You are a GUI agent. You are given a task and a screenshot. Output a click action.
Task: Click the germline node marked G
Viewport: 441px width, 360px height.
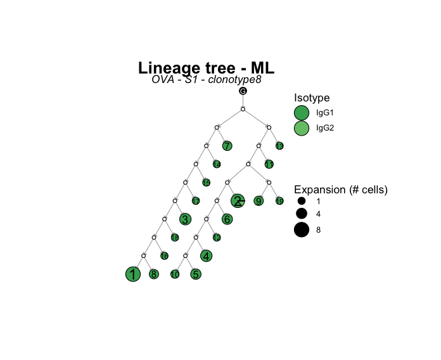243,91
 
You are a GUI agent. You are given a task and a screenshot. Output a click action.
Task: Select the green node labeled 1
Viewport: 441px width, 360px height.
132,274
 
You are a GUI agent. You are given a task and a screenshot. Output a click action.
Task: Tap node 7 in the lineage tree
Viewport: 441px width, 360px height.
227,146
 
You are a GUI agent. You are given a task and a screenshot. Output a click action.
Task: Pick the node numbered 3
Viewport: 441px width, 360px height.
185,220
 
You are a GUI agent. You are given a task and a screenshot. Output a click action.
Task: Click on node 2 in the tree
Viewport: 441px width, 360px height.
238,201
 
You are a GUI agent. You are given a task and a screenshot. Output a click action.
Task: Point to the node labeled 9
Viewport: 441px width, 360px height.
259,201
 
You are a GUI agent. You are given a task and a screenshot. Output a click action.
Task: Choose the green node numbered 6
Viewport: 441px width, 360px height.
227,219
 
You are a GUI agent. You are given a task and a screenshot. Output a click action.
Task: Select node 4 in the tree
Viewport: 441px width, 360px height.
206,256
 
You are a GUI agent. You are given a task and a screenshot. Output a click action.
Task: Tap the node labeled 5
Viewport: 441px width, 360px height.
196,274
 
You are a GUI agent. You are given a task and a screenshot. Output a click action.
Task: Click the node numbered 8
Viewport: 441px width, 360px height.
153,274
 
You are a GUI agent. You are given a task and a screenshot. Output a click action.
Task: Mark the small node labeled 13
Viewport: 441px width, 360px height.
279,146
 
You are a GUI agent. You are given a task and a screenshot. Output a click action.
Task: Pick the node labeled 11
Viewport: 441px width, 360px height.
269,165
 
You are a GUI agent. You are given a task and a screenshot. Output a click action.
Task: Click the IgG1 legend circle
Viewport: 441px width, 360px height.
301,113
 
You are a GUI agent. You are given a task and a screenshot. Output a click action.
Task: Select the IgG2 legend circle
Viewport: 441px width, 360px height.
301,128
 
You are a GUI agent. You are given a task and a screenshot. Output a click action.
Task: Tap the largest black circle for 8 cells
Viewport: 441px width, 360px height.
301,230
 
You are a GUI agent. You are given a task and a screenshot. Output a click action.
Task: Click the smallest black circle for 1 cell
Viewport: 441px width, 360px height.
301,201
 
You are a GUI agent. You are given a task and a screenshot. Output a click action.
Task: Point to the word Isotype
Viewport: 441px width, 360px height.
311,98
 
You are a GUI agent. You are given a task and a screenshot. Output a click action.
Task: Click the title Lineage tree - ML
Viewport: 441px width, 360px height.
206,68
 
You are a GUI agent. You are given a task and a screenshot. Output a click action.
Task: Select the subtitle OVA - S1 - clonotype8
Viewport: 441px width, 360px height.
207,80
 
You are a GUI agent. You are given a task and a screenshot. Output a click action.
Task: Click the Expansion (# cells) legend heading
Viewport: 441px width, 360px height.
340,190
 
